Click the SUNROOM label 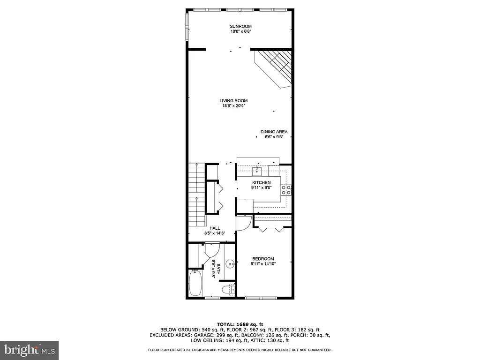tap(240, 26)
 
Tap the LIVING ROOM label tap(233, 101)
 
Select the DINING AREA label tap(274, 132)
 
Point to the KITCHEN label tap(262, 182)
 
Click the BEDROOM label tap(263, 259)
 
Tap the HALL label tap(215, 228)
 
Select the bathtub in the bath tap(195, 283)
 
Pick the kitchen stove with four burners tap(285, 189)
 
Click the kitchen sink tap(257, 169)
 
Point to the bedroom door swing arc tap(243, 224)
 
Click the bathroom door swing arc tap(211, 249)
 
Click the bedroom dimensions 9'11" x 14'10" tap(263, 264)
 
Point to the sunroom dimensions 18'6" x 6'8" tap(240, 31)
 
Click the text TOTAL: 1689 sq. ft tap(240, 324)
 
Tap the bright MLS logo tap(29, 350)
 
